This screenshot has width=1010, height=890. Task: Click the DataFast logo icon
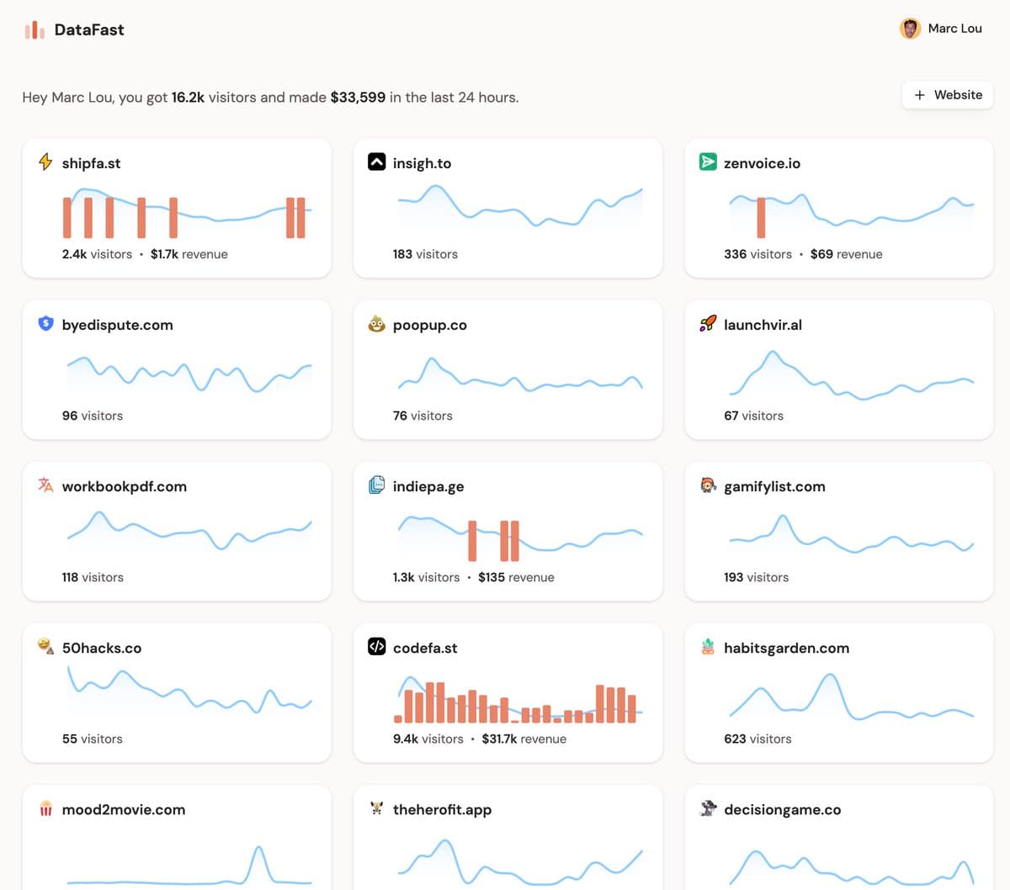(35, 30)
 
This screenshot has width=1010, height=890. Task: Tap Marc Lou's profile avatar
(910, 29)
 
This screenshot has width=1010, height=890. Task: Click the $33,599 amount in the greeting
(358, 98)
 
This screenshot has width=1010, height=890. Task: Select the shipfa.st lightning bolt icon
(45, 162)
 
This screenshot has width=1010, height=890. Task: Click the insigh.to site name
(422, 163)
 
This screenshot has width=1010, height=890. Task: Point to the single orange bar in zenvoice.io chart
(761, 217)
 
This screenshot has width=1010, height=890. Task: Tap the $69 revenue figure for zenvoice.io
(821, 254)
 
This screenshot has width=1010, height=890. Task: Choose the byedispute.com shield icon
(45, 323)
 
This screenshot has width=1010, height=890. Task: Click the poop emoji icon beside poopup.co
(376, 324)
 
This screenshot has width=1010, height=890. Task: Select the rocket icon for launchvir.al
(708, 323)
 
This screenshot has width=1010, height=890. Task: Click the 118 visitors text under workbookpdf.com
(93, 577)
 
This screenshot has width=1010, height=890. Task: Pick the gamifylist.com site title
(774, 486)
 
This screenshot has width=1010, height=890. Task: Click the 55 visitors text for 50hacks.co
(93, 739)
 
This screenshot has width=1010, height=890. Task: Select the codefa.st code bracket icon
(376, 646)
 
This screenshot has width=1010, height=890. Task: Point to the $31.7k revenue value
(499, 739)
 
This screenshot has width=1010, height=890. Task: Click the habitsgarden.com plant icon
(708, 646)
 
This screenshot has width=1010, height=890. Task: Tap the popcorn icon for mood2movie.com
(45, 808)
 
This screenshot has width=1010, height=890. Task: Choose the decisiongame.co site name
(782, 809)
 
